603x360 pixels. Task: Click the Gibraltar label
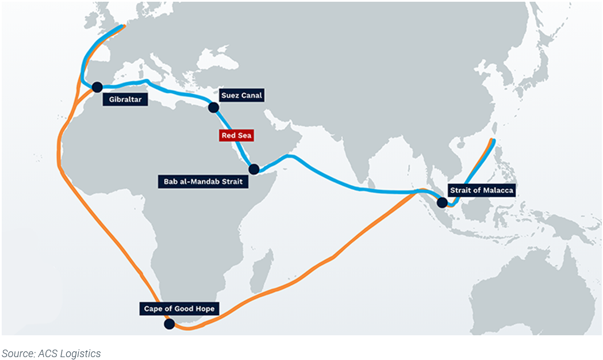click(125, 99)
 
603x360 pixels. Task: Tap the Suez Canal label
click(241, 95)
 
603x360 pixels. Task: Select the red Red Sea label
click(236, 136)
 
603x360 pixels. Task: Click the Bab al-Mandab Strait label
click(202, 182)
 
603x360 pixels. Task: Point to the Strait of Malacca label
click(481, 189)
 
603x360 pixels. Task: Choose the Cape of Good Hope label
click(179, 309)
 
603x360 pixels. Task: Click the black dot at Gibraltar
click(97, 87)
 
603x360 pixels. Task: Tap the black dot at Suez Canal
click(214, 107)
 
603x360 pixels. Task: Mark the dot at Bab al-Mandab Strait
click(254, 169)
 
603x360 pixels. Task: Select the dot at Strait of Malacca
click(442, 202)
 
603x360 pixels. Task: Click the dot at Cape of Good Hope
click(169, 324)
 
